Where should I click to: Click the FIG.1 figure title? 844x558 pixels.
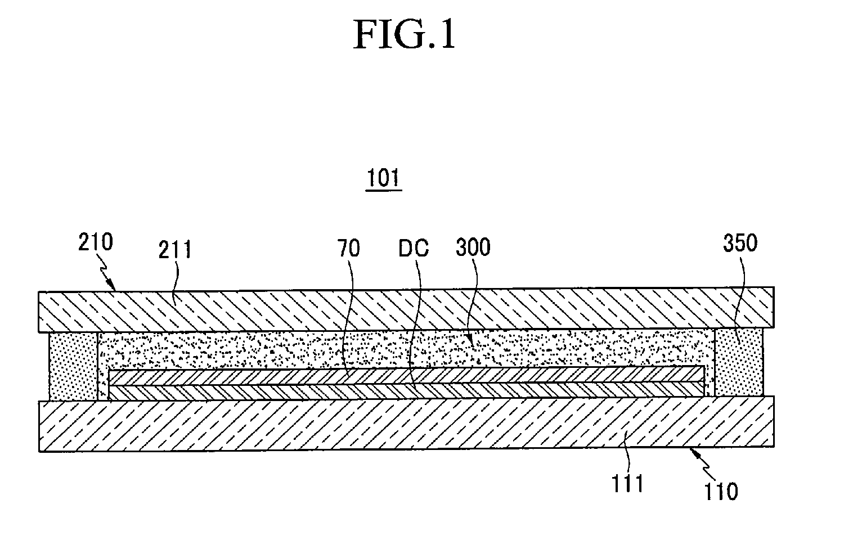[x=405, y=34]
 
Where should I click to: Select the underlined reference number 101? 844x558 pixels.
[x=383, y=178]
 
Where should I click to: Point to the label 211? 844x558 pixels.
[x=175, y=249]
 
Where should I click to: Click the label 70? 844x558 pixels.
[x=348, y=248]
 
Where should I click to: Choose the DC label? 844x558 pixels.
[x=414, y=248]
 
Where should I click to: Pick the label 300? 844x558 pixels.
[x=473, y=247]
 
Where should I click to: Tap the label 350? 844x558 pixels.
[x=740, y=243]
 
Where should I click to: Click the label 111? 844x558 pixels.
[x=627, y=484]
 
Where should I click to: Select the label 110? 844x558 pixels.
[x=721, y=492]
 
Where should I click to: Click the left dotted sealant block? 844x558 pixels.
[x=73, y=366]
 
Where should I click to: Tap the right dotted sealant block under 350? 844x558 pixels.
[x=739, y=362]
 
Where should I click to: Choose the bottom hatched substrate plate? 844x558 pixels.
[x=407, y=424]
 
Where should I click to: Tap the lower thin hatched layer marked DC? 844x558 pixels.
[x=406, y=391]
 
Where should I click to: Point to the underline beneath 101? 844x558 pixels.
[x=384, y=191]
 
